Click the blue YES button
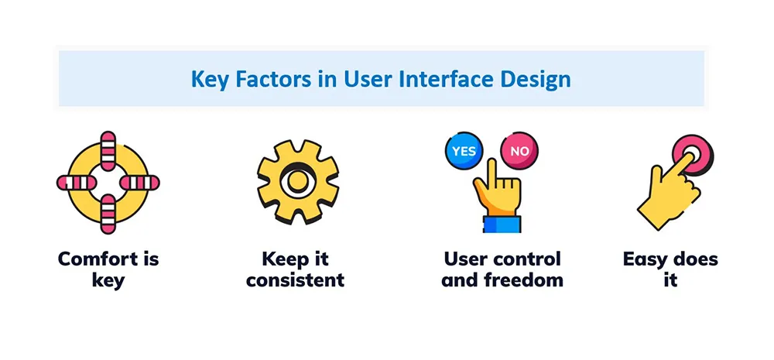point(464,151)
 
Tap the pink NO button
point(519,151)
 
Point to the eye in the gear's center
point(298,181)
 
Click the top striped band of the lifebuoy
point(108,151)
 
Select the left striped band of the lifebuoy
point(76,183)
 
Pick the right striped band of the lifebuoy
point(139,183)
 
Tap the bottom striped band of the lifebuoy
point(108,214)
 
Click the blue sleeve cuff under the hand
point(502,223)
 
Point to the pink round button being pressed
point(693,154)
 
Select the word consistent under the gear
point(295,280)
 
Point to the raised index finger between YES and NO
point(491,172)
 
